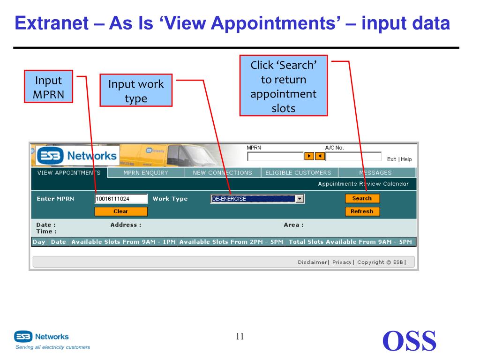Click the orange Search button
tap(362, 198)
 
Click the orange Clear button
tap(121, 211)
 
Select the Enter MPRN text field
tap(121, 199)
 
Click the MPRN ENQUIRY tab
tap(146, 172)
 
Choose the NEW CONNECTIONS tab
tap(222, 172)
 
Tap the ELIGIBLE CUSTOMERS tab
tap(298, 172)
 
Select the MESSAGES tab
tap(375, 172)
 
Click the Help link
tap(406, 159)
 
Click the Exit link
tap(391, 159)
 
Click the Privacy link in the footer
tap(342, 262)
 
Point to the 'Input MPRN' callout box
tap(49, 87)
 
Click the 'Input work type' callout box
tap(136, 91)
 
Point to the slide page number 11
tap(240, 337)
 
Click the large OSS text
tap(409, 341)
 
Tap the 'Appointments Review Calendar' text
tap(363, 184)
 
